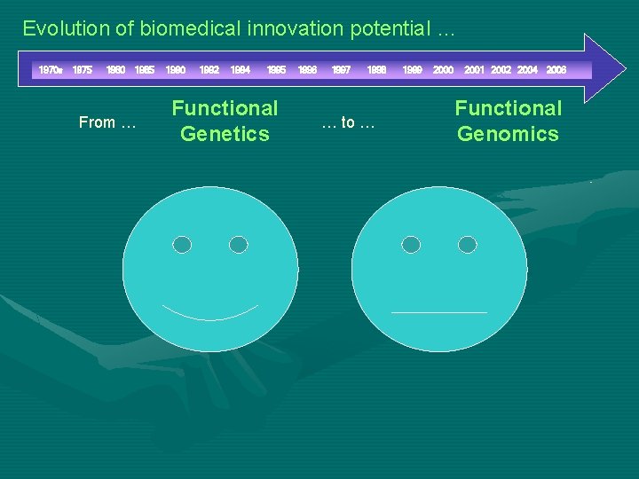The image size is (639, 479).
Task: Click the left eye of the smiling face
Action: point(182,245)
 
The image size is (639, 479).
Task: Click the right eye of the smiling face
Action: point(238,245)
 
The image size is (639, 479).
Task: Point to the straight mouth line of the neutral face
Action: point(439,312)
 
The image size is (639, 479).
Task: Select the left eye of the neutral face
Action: point(411,245)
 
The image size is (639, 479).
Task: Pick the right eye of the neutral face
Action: point(467,245)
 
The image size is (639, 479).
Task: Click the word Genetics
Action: point(225,134)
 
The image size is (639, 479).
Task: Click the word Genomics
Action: point(508,134)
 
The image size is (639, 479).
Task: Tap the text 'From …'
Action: point(107,122)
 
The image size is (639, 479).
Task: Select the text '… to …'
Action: point(348,122)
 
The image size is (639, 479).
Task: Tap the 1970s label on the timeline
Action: point(50,69)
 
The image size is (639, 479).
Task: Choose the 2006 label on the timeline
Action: point(556,69)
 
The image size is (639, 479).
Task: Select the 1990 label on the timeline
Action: point(176,69)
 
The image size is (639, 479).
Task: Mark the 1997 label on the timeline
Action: point(341,69)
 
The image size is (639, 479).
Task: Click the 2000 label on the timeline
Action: point(443,69)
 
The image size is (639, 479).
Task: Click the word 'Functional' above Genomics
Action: point(508,108)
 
